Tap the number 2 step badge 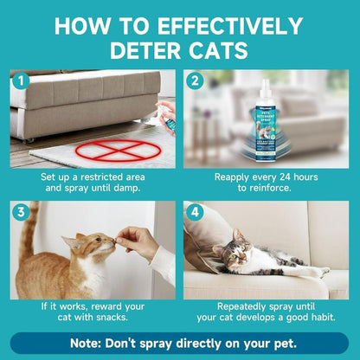pos(196,82)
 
